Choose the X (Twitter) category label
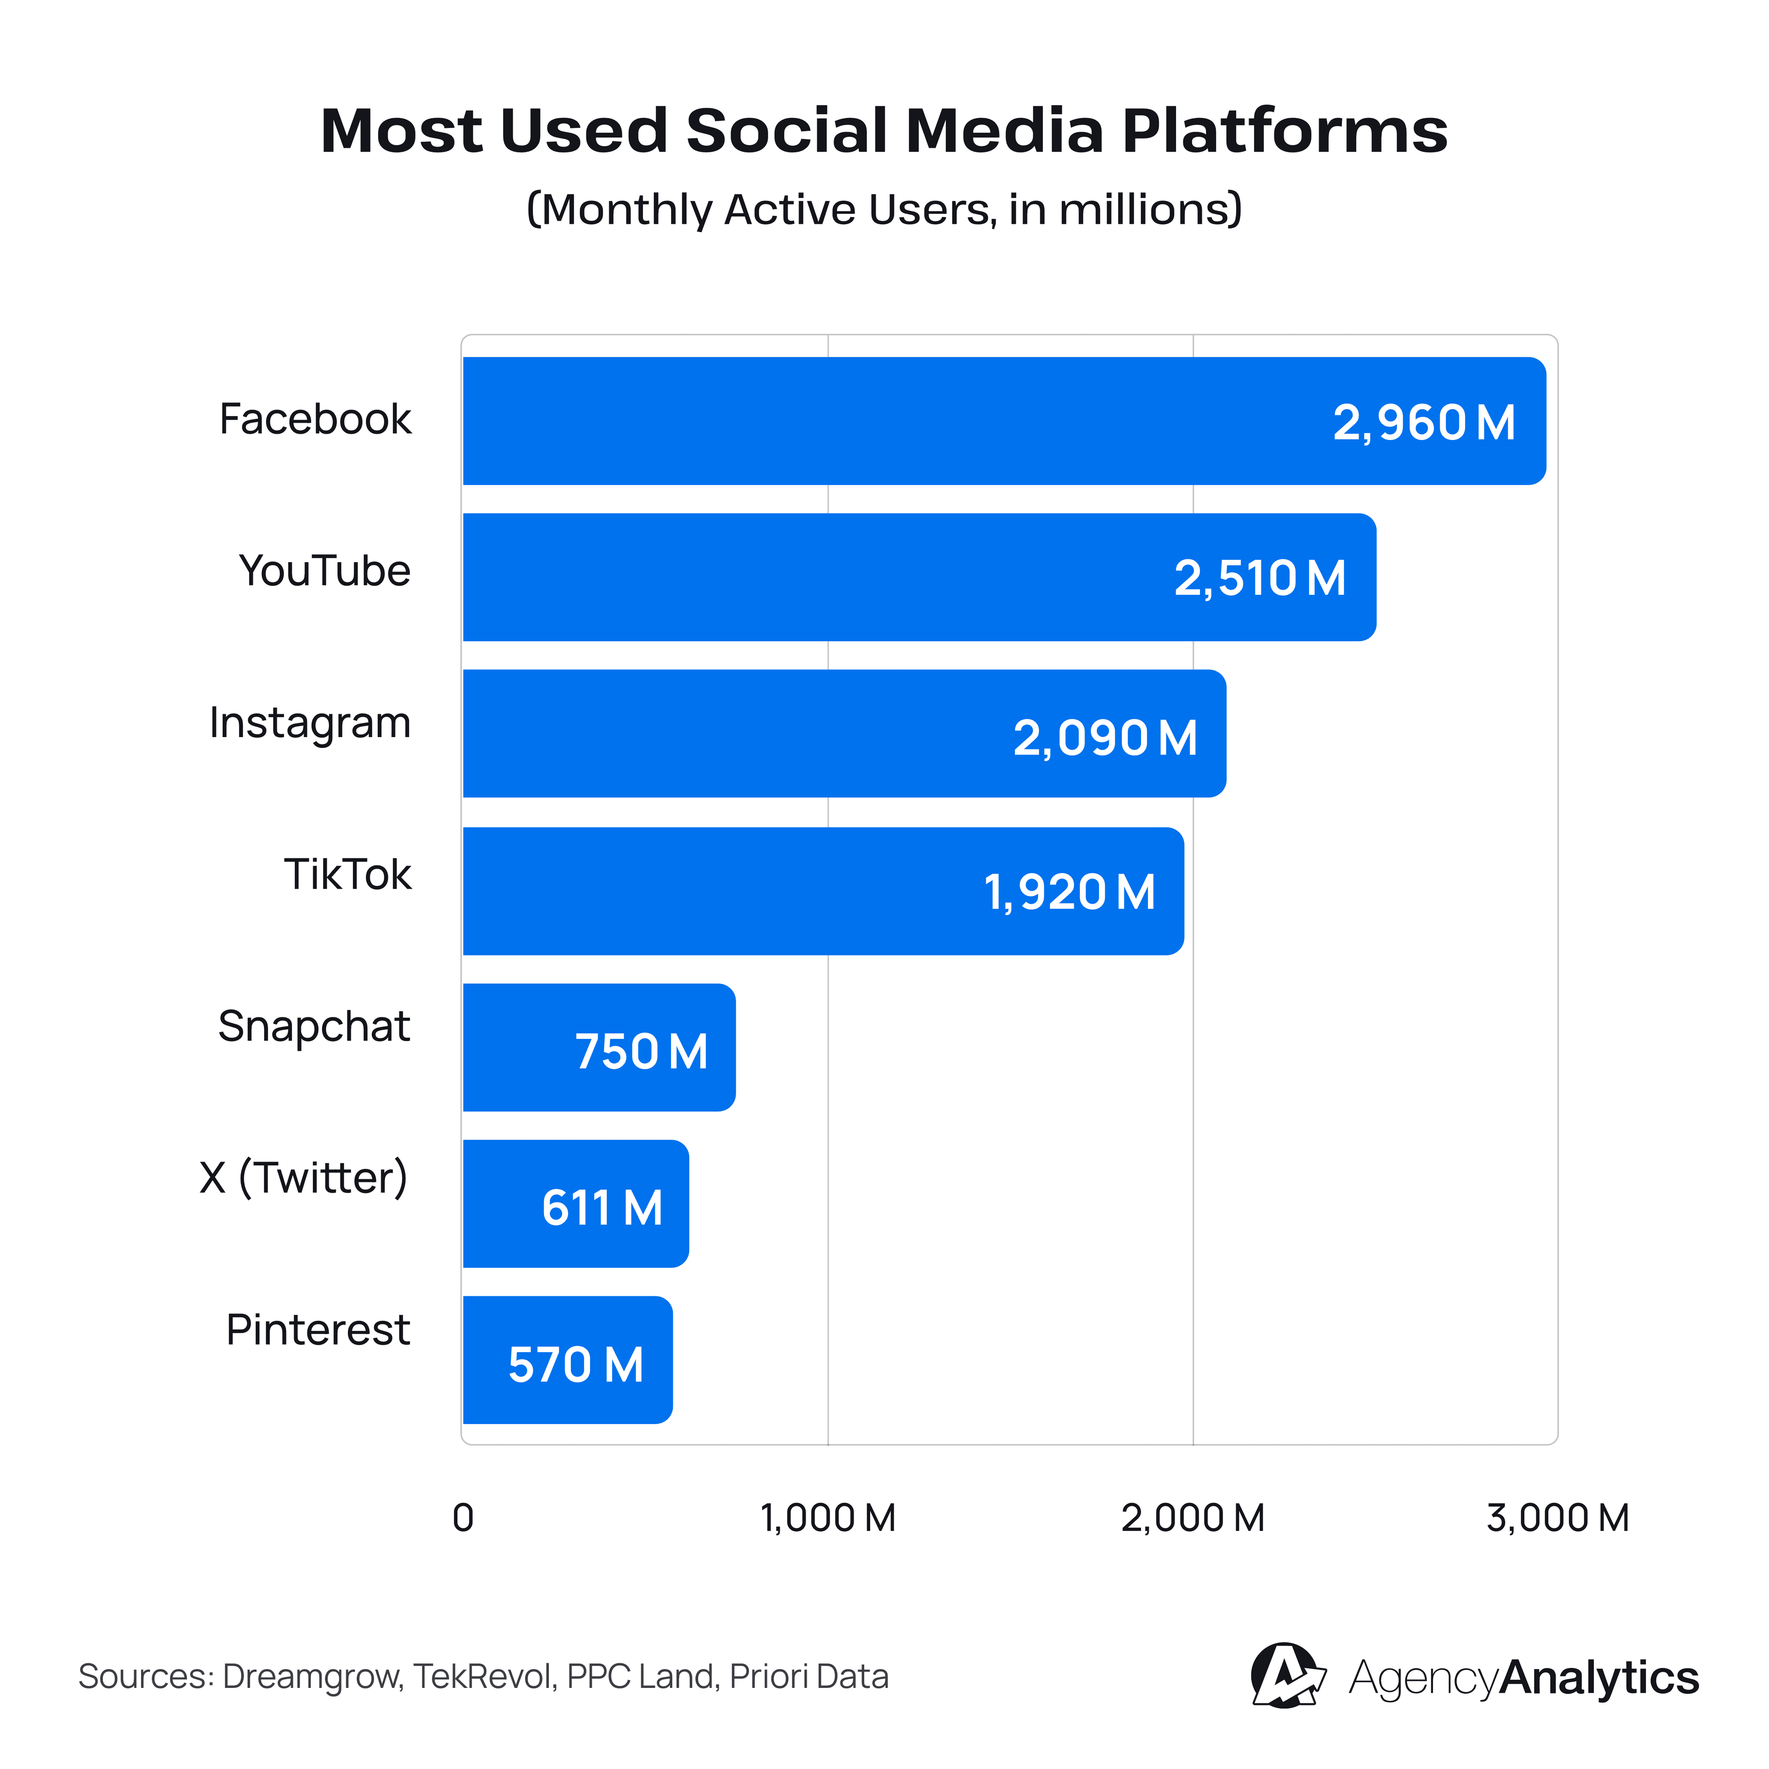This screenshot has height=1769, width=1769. pos(303,1178)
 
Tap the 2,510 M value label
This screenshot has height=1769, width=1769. pos(1260,579)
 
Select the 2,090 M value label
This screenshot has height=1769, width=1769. pos(1105,738)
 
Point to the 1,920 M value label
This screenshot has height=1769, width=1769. pos(1069,893)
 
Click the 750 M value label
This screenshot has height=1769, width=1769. pos(641,1051)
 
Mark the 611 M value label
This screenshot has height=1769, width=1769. pos(602,1208)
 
